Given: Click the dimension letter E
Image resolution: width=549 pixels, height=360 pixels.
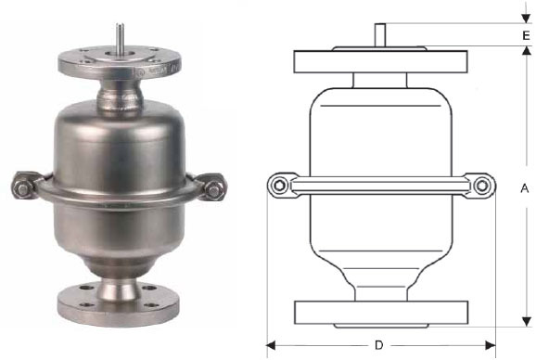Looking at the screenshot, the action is (x=526, y=35).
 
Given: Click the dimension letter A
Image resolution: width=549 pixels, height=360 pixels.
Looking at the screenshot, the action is (x=525, y=188).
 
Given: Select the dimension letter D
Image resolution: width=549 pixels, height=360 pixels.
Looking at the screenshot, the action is (x=379, y=345).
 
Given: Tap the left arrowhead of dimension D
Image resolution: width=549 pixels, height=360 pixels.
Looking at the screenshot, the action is (x=271, y=346).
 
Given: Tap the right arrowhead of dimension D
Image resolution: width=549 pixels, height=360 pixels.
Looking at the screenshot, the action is (x=491, y=346).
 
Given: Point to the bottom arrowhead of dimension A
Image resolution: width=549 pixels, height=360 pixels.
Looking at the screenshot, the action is (x=526, y=322).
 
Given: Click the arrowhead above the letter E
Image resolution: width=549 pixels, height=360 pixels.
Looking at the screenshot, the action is (x=526, y=19).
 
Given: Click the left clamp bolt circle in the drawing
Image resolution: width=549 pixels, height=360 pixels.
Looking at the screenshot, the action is (x=279, y=186).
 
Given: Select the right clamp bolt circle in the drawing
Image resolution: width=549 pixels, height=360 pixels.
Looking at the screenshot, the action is (x=482, y=186).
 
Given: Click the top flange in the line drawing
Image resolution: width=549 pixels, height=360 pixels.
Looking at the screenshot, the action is (x=380, y=61).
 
